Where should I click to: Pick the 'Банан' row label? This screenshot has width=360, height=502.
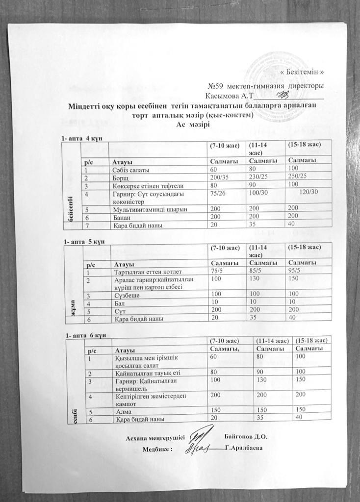tap(121, 217)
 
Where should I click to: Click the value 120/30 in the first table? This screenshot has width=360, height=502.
tap(308, 194)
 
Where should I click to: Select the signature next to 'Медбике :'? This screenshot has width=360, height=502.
tap(199, 447)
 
